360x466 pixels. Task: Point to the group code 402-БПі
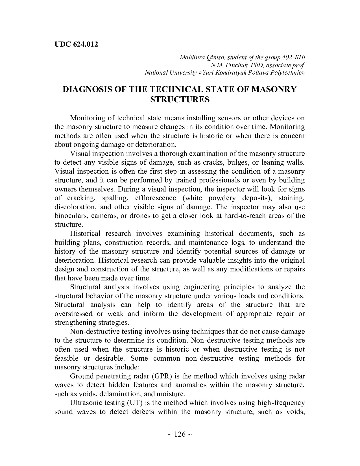(294, 58)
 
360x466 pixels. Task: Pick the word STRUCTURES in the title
(180, 100)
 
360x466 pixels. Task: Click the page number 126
(180, 434)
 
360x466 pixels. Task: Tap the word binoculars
(69, 216)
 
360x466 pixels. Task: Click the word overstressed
(73, 314)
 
